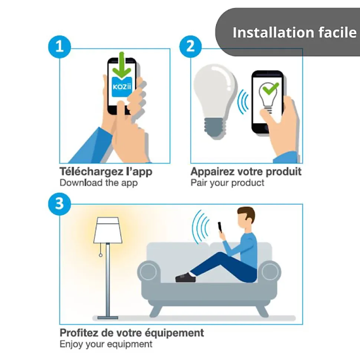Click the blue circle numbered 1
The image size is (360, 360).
click(59, 47)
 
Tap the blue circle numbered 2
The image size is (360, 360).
click(190, 47)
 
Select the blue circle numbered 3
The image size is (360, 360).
click(59, 204)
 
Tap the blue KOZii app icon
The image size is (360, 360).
click(122, 87)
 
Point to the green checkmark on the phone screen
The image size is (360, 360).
click(271, 88)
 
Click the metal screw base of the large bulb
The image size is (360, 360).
click(215, 128)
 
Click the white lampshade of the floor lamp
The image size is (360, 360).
click(108, 230)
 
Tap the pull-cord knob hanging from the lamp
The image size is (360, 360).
click(101, 255)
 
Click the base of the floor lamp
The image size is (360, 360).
click(108, 318)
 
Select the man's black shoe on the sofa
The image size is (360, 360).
click(186, 277)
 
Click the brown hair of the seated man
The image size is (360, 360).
click(247, 214)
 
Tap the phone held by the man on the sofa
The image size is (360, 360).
click(220, 228)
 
